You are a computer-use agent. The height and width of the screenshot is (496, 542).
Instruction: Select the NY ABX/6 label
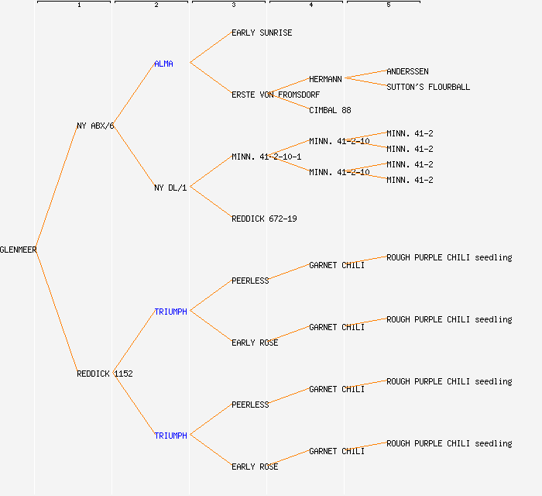point(95,126)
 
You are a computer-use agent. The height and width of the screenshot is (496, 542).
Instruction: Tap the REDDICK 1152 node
point(105,374)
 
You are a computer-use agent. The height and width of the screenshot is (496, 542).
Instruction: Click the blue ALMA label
point(163,64)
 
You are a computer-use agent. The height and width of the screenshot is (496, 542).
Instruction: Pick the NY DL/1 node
point(170,188)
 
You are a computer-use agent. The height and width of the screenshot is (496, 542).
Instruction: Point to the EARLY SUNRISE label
point(262,33)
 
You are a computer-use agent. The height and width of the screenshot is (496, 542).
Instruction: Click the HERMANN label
point(325,79)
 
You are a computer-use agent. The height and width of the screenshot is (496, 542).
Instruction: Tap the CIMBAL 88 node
point(330,110)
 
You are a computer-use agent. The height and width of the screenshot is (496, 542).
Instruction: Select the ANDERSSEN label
point(407,71)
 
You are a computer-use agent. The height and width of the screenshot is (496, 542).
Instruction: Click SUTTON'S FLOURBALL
point(428,87)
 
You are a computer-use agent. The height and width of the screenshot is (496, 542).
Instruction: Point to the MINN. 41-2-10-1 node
point(266,157)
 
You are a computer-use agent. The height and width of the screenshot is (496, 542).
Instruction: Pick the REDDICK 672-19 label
point(264,219)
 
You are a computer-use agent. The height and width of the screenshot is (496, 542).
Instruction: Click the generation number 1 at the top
point(78,5)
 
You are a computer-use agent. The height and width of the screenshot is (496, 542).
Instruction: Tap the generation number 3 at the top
point(233,5)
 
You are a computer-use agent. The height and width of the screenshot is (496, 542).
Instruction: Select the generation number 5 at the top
point(388,5)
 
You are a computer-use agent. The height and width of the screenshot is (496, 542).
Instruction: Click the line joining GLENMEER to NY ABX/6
point(57,188)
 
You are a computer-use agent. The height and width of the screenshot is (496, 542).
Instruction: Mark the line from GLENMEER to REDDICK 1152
point(57,312)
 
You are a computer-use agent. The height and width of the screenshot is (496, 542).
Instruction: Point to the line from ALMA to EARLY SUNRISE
point(211,47)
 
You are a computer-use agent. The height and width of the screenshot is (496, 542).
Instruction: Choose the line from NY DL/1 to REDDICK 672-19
point(211,202)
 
